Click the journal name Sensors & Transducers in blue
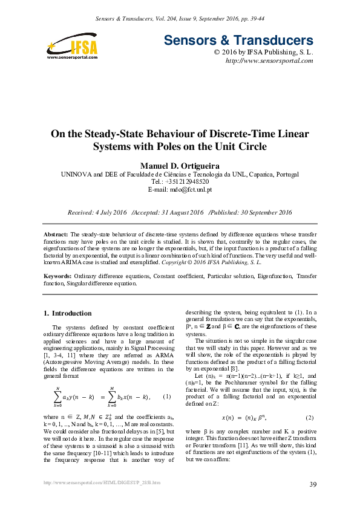pos(238,41)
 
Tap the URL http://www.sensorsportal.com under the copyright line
pos(269,61)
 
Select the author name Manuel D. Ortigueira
pos(180,165)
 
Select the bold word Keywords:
pos(59,276)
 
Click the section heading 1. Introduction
pos(68,313)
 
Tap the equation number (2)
pos(310,418)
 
